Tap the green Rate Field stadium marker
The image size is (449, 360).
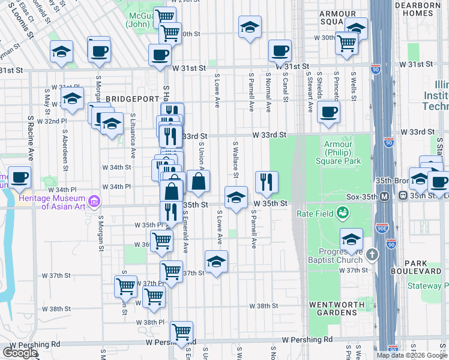pyautogui.click(x=342, y=212)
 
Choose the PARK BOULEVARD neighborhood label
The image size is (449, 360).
pyautogui.click(x=424, y=267)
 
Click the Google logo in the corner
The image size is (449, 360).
pyautogui.click(x=20, y=352)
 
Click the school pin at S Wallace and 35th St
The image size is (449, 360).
pyautogui.click(x=236, y=197)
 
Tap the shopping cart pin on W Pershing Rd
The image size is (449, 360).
pyautogui.click(x=181, y=331)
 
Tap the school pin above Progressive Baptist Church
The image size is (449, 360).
pyautogui.click(x=351, y=239)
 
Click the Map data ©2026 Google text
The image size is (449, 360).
pyautogui.click(x=411, y=355)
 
